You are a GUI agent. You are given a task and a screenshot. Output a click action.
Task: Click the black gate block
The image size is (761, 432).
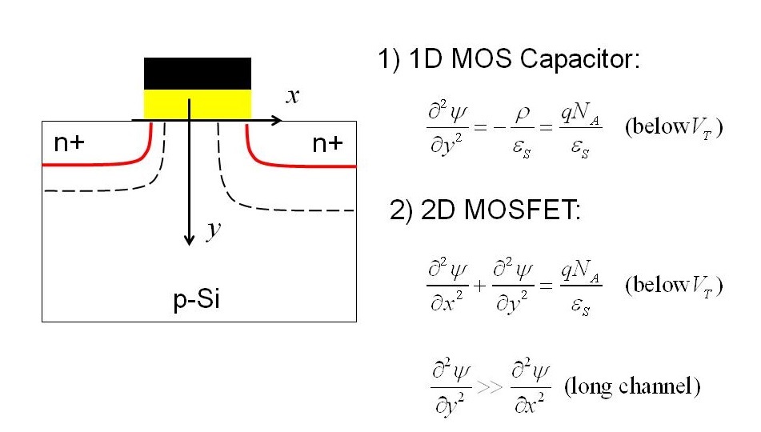pyautogui.click(x=197, y=73)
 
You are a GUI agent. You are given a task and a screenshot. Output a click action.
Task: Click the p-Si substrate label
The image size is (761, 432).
pyautogui.click(x=197, y=300)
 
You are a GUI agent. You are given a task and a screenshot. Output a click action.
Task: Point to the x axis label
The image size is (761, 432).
pyautogui.click(x=294, y=96)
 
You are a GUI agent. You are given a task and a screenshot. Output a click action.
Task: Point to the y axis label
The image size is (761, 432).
pyautogui.click(x=213, y=230)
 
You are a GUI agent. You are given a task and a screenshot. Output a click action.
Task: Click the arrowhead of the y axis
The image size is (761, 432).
pyautogui.click(x=189, y=240)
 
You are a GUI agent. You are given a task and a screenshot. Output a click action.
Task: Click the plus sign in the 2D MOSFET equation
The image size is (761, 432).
pyautogui.click(x=479, y=285)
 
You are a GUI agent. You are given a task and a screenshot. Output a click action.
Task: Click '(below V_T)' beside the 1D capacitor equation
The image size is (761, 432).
pyautogui.click(x=674, y=129)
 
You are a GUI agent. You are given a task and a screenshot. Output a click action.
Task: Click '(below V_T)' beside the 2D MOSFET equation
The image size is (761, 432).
pyautogui.click(x=674, y=286)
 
